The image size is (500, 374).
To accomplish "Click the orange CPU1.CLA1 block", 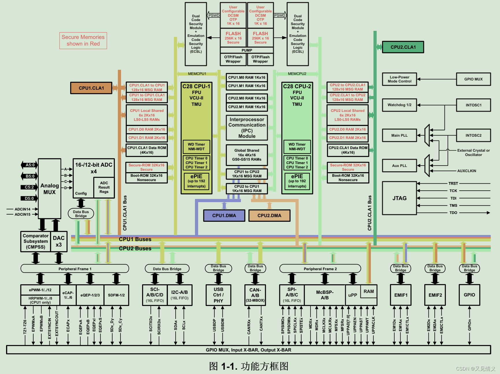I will (x=91, y=88).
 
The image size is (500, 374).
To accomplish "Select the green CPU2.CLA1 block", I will (x=403, y=47).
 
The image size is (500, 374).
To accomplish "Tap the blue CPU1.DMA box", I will (x=224, y=215).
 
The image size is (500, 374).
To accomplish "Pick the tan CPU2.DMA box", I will (x=269, y=215).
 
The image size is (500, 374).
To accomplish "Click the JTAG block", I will (x=399, y=198).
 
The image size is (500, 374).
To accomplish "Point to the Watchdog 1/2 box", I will (x=399, y=105).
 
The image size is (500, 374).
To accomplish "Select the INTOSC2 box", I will (x=473, y=135).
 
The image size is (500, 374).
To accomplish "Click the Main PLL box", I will (x=399, y=135).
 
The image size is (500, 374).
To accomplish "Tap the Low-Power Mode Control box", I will (x=399, y=79).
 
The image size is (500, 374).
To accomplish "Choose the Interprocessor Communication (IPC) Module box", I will (x=247, y=128).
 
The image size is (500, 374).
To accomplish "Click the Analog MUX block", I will (x=49, y=189).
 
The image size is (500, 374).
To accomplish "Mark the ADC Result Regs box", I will (x=104, y=187).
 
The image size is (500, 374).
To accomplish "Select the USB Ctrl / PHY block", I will (x=218, y=295).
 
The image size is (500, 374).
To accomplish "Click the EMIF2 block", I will (x=435, y=295).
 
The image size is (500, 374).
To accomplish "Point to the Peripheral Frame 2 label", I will (x=320, y=269).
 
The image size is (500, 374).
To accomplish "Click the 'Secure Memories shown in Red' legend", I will (x=83, y=40).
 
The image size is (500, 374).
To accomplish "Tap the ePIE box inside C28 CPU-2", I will (x=297, y=181).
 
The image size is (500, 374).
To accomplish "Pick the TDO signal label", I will (x=453, y=213).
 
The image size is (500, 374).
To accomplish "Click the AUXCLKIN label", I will (x=466, y=171).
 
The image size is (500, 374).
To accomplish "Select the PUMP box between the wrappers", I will (x=247, y=50).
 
